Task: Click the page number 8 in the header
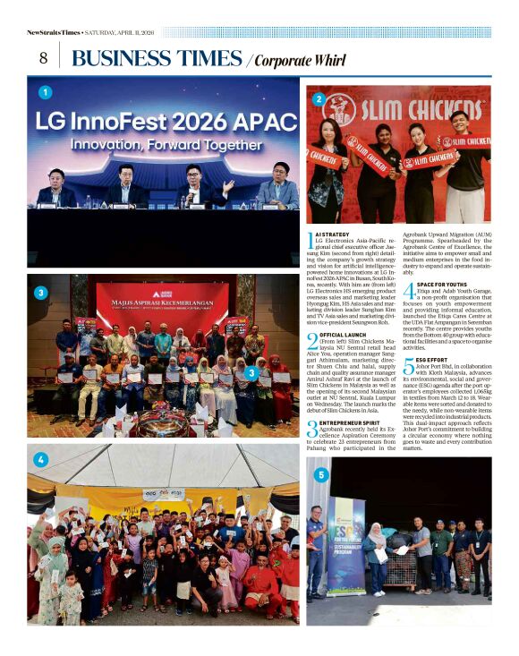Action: click(x=43, y=57)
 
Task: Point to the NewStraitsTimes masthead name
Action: click(x=53, y=32)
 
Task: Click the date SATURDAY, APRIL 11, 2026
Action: click(x=120, y=32)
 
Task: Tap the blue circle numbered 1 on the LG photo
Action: click(x=45, y=92)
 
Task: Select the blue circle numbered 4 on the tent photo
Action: click(x=39, y=460)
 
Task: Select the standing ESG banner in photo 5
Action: click(x=344, y=546)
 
